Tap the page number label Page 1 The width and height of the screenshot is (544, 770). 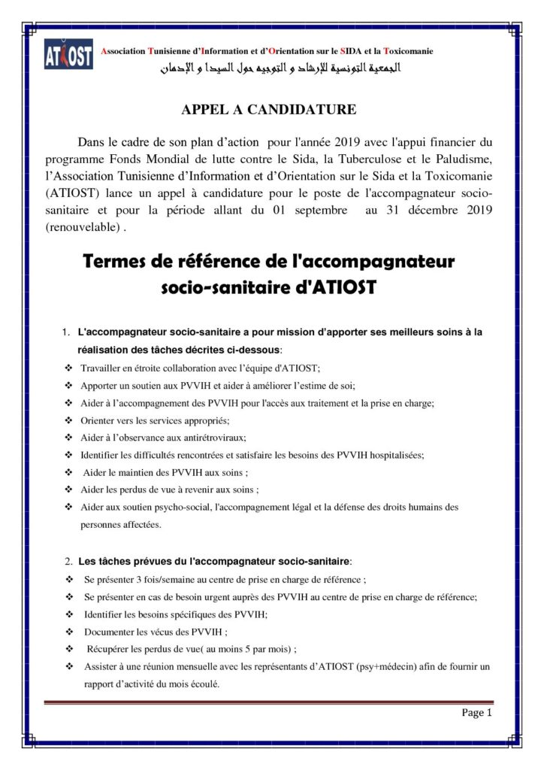(476, 714)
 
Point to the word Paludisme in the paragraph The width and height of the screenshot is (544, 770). (461, 159)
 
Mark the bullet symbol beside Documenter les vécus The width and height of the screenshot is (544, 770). (69, 632)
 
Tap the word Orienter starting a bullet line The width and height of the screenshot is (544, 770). (100, 420)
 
